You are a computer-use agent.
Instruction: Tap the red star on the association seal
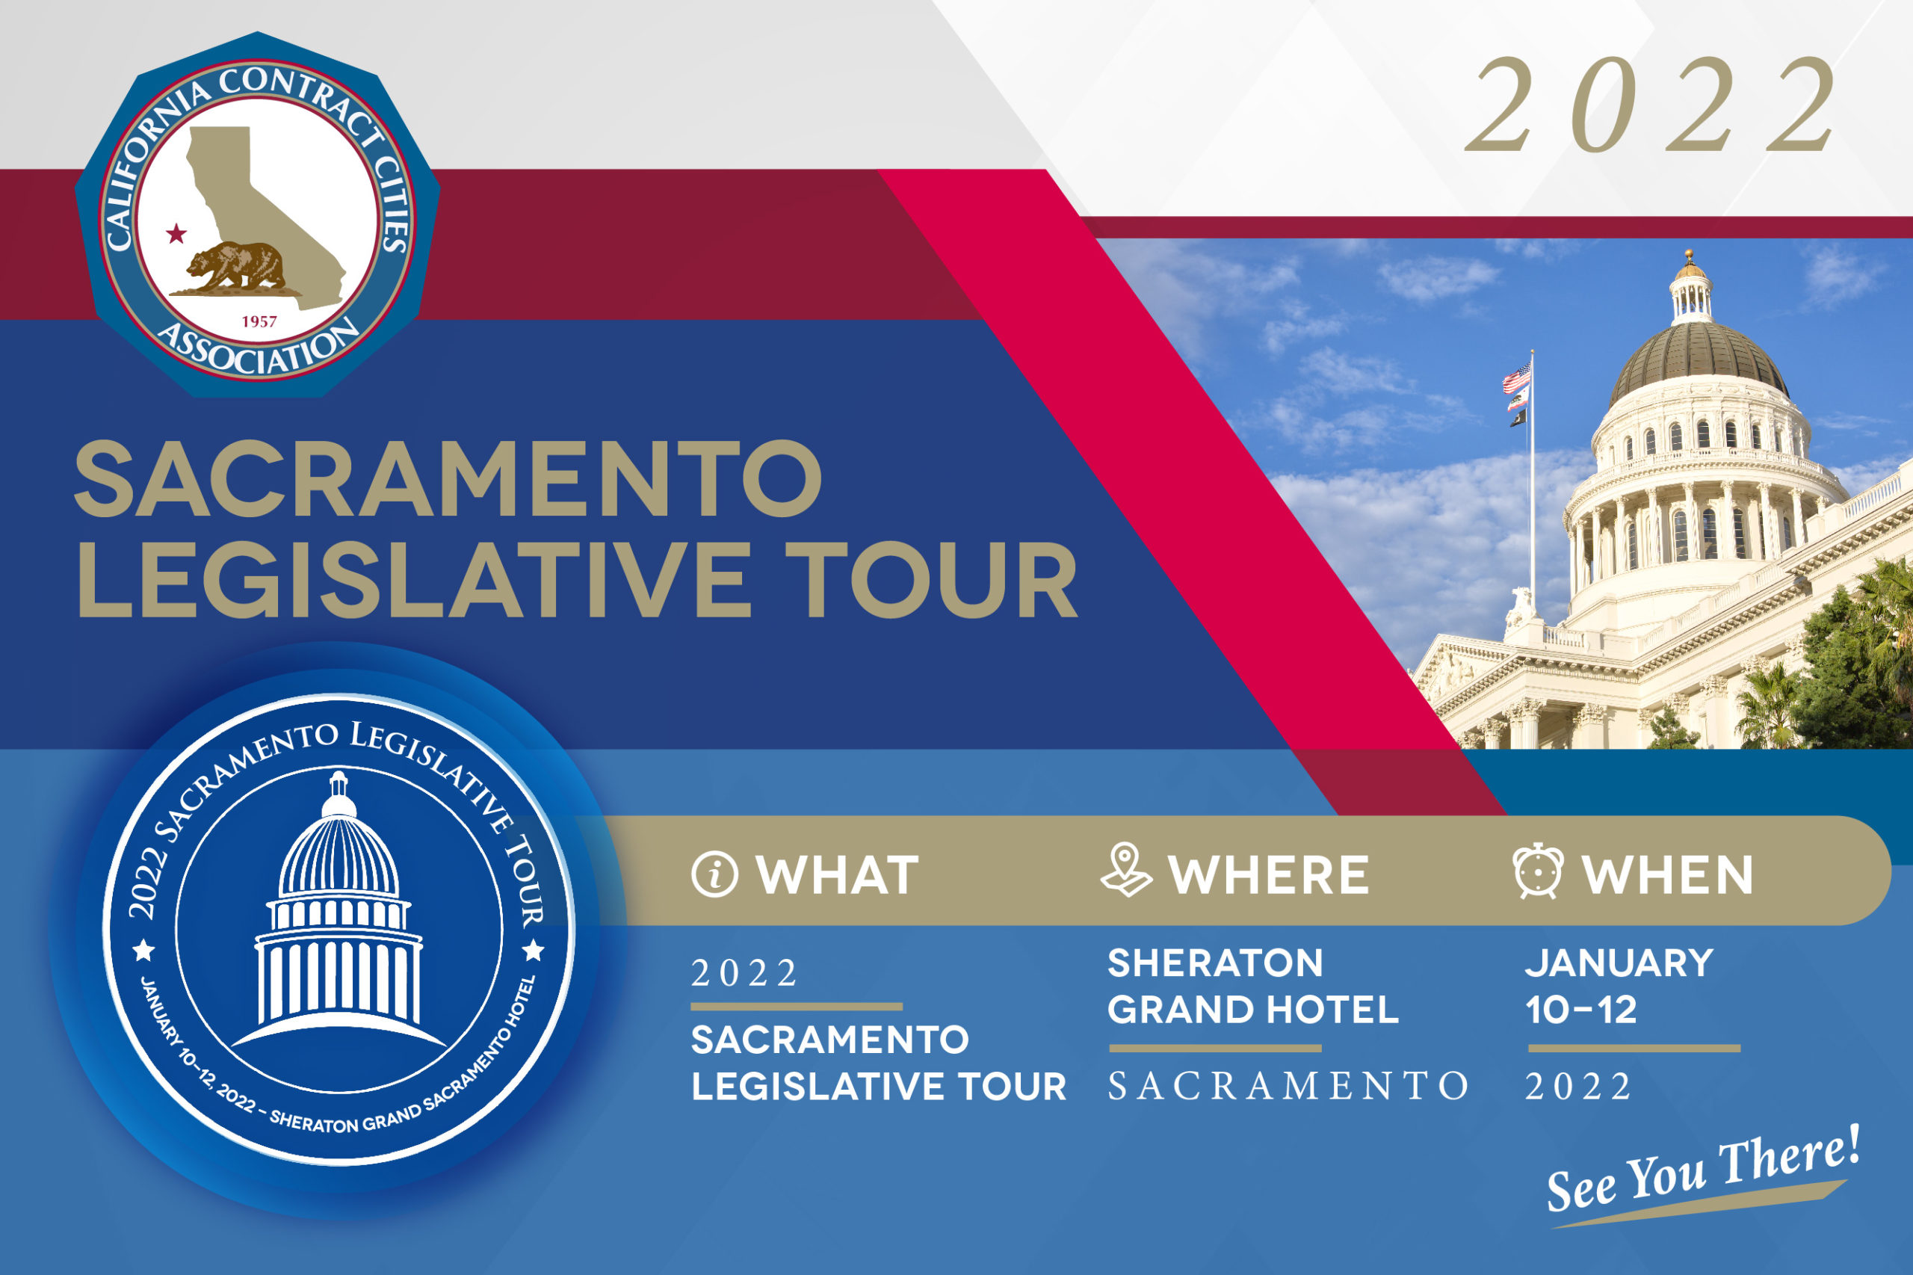click(176, 234)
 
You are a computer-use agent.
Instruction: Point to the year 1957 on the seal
click(259, 321)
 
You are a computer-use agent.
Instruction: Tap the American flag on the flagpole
click(1515, 377)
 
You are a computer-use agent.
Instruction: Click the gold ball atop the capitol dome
click(1690, 256)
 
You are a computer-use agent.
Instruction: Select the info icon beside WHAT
click(714, 874)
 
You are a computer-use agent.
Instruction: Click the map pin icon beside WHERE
click(1126, 870)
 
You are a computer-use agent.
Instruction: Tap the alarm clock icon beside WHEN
click(1538, 871)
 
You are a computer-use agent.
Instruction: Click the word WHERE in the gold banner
click(1268, 876)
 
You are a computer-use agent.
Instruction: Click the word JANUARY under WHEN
click(1619, 963)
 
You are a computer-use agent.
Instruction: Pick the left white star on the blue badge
click(144, 949)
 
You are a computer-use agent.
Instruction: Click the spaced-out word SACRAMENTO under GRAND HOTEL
click(1288, 1087)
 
